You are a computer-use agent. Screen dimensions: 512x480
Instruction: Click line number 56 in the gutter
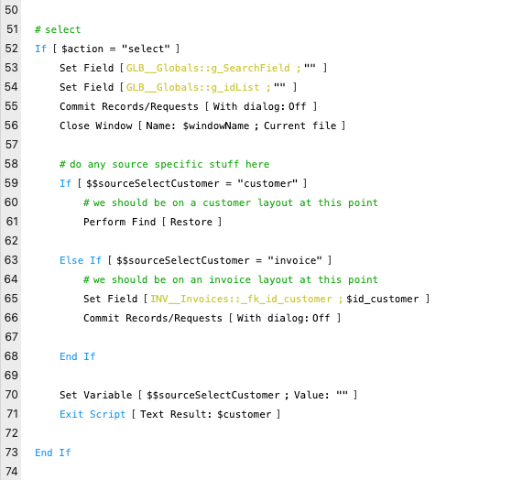(x=11, y=125)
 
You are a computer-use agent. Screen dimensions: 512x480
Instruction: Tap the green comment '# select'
(x=58, y=29)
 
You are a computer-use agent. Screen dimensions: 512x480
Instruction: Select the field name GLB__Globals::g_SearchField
(x=208, y=68)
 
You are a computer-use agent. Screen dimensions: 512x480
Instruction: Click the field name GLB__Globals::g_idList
(x=193, y=87)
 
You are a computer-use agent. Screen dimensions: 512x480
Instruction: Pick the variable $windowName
(x=216, y=125)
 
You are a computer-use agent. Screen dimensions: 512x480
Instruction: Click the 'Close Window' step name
(x=95, y=125)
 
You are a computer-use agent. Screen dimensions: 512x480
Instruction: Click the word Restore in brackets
(x=191, y=222)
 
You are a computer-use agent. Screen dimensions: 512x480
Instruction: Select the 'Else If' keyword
(x=81, y=260)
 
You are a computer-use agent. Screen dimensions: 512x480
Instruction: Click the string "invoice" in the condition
(x=295, y=260)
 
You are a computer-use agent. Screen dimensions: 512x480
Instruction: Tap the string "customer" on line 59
(x=267, y=183)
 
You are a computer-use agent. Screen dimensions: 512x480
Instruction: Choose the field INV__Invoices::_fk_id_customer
(x=241, y=299)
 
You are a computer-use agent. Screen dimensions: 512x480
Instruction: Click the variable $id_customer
(x=382, y=299)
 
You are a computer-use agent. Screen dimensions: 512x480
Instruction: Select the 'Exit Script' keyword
(x=93, y=414)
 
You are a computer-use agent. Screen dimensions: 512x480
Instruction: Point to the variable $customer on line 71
(x=245, y=414)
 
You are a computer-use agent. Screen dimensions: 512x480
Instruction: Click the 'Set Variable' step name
(x=95, y=395)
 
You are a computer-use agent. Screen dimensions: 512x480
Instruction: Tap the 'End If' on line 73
(x=52, y=453)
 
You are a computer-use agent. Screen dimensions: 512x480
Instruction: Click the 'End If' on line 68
(x=77, y=356)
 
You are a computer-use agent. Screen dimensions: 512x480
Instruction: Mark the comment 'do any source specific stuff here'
(x=169, y=164)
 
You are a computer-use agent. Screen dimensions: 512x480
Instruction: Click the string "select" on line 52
(x=146, y=49)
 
